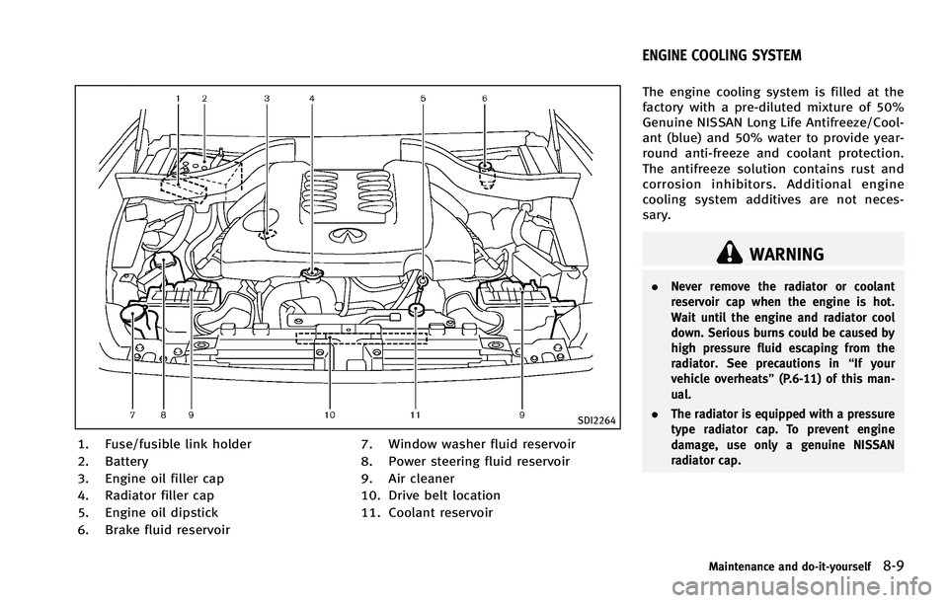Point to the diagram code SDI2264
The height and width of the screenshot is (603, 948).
pyautogui.click(x=592, y=419)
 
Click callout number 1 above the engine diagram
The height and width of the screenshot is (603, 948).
pyautogui.click(x=179, y=99)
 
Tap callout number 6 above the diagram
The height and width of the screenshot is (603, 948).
pyautogui.click(x=484, y=99)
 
